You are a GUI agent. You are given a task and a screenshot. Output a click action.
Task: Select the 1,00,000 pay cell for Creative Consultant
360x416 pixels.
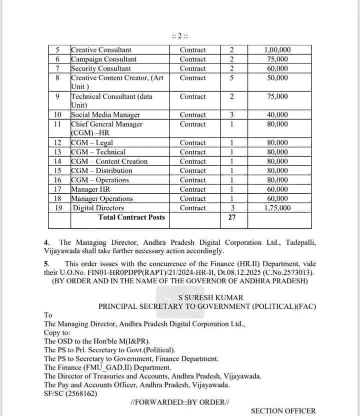(x=277, y=50)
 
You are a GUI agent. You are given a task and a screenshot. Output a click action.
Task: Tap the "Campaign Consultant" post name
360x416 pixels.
(x=103, y=59)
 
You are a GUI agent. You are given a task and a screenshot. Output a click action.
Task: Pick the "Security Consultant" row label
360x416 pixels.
(x=101, y=69)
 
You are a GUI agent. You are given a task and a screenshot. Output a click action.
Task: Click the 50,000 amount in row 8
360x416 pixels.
(x=277, y=78)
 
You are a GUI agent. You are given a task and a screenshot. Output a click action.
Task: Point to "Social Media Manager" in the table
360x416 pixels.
(x=105, y=115)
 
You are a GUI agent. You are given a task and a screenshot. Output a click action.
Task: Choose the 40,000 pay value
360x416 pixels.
(x=277, y=115)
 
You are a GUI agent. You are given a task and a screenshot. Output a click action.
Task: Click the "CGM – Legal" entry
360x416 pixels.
(x=92, y=143)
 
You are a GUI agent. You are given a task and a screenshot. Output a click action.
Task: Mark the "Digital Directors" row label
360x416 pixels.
(x=98, y=208)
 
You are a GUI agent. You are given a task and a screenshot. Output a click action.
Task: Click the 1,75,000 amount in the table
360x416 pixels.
(x=277, y=208)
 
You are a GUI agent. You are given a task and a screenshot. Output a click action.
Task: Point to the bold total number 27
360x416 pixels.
(x=231, y=217)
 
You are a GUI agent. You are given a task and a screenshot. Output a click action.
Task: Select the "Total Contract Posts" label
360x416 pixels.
(x=131, y=217)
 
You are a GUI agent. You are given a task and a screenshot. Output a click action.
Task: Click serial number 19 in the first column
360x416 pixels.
(x=58, y=208)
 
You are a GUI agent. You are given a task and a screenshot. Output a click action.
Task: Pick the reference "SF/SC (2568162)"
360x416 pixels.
(x=70, y=393)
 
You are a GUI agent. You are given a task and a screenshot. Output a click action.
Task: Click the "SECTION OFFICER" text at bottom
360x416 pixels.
(x=283, y=411)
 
